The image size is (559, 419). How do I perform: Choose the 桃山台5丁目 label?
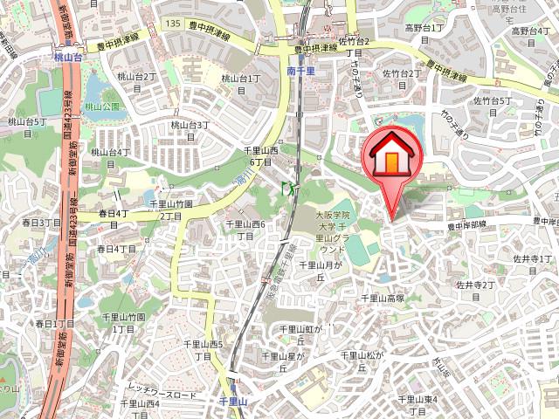pos(25,127)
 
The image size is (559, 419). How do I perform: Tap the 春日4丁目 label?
pos(113,214)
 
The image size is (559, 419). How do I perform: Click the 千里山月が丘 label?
pos(311,270)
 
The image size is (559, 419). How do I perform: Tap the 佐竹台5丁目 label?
pos(492,101)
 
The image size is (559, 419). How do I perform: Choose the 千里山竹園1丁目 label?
pos(124,323)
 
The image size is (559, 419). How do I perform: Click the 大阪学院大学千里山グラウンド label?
pos(332,231)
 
